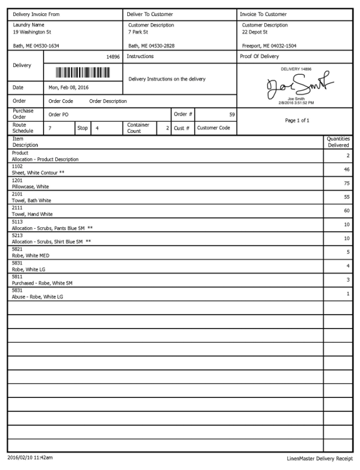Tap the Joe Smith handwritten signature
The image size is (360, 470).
pyautogui.click(x=296, y=87)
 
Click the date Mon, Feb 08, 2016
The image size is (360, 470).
pyautogui.click(x=69, y=87)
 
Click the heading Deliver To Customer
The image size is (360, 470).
pyautogui.click(x=150, y=14)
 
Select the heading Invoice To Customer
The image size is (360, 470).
pyautogui.click(x=264, y=14)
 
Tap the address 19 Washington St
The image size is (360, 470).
pyautogui.click(x=31, y=32)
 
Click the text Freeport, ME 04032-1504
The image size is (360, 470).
pyautogui.click(x=268, y=45)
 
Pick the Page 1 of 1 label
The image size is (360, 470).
pyautogui.click(x=297, y=120)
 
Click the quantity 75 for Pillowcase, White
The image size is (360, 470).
pyautogui.click(x=347, y=183)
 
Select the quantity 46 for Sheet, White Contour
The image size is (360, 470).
pyautogui.click(x=347, y=169)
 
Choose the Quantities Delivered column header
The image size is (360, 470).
pyautogui.click(x=338, y=142)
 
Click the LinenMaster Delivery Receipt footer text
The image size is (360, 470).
pyautogui.click(x=319, y=457)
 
